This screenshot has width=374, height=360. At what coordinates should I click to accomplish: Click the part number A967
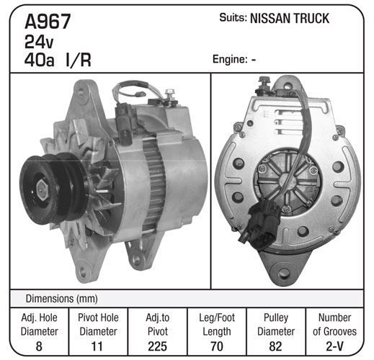[48, 22]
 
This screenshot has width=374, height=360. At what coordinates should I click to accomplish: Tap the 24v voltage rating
[39, 42]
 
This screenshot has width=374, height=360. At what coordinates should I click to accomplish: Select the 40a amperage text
[39, 60]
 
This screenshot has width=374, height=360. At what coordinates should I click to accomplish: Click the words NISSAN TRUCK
[290, 19]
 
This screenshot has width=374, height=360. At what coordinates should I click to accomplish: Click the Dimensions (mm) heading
[61, 299]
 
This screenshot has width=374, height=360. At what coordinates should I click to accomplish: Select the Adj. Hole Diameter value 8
[39, 346]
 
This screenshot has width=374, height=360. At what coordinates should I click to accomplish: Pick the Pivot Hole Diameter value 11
[97, 346]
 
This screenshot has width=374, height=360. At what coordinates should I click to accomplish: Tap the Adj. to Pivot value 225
[158, 346]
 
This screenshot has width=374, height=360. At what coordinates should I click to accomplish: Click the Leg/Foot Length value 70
[217, 346]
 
